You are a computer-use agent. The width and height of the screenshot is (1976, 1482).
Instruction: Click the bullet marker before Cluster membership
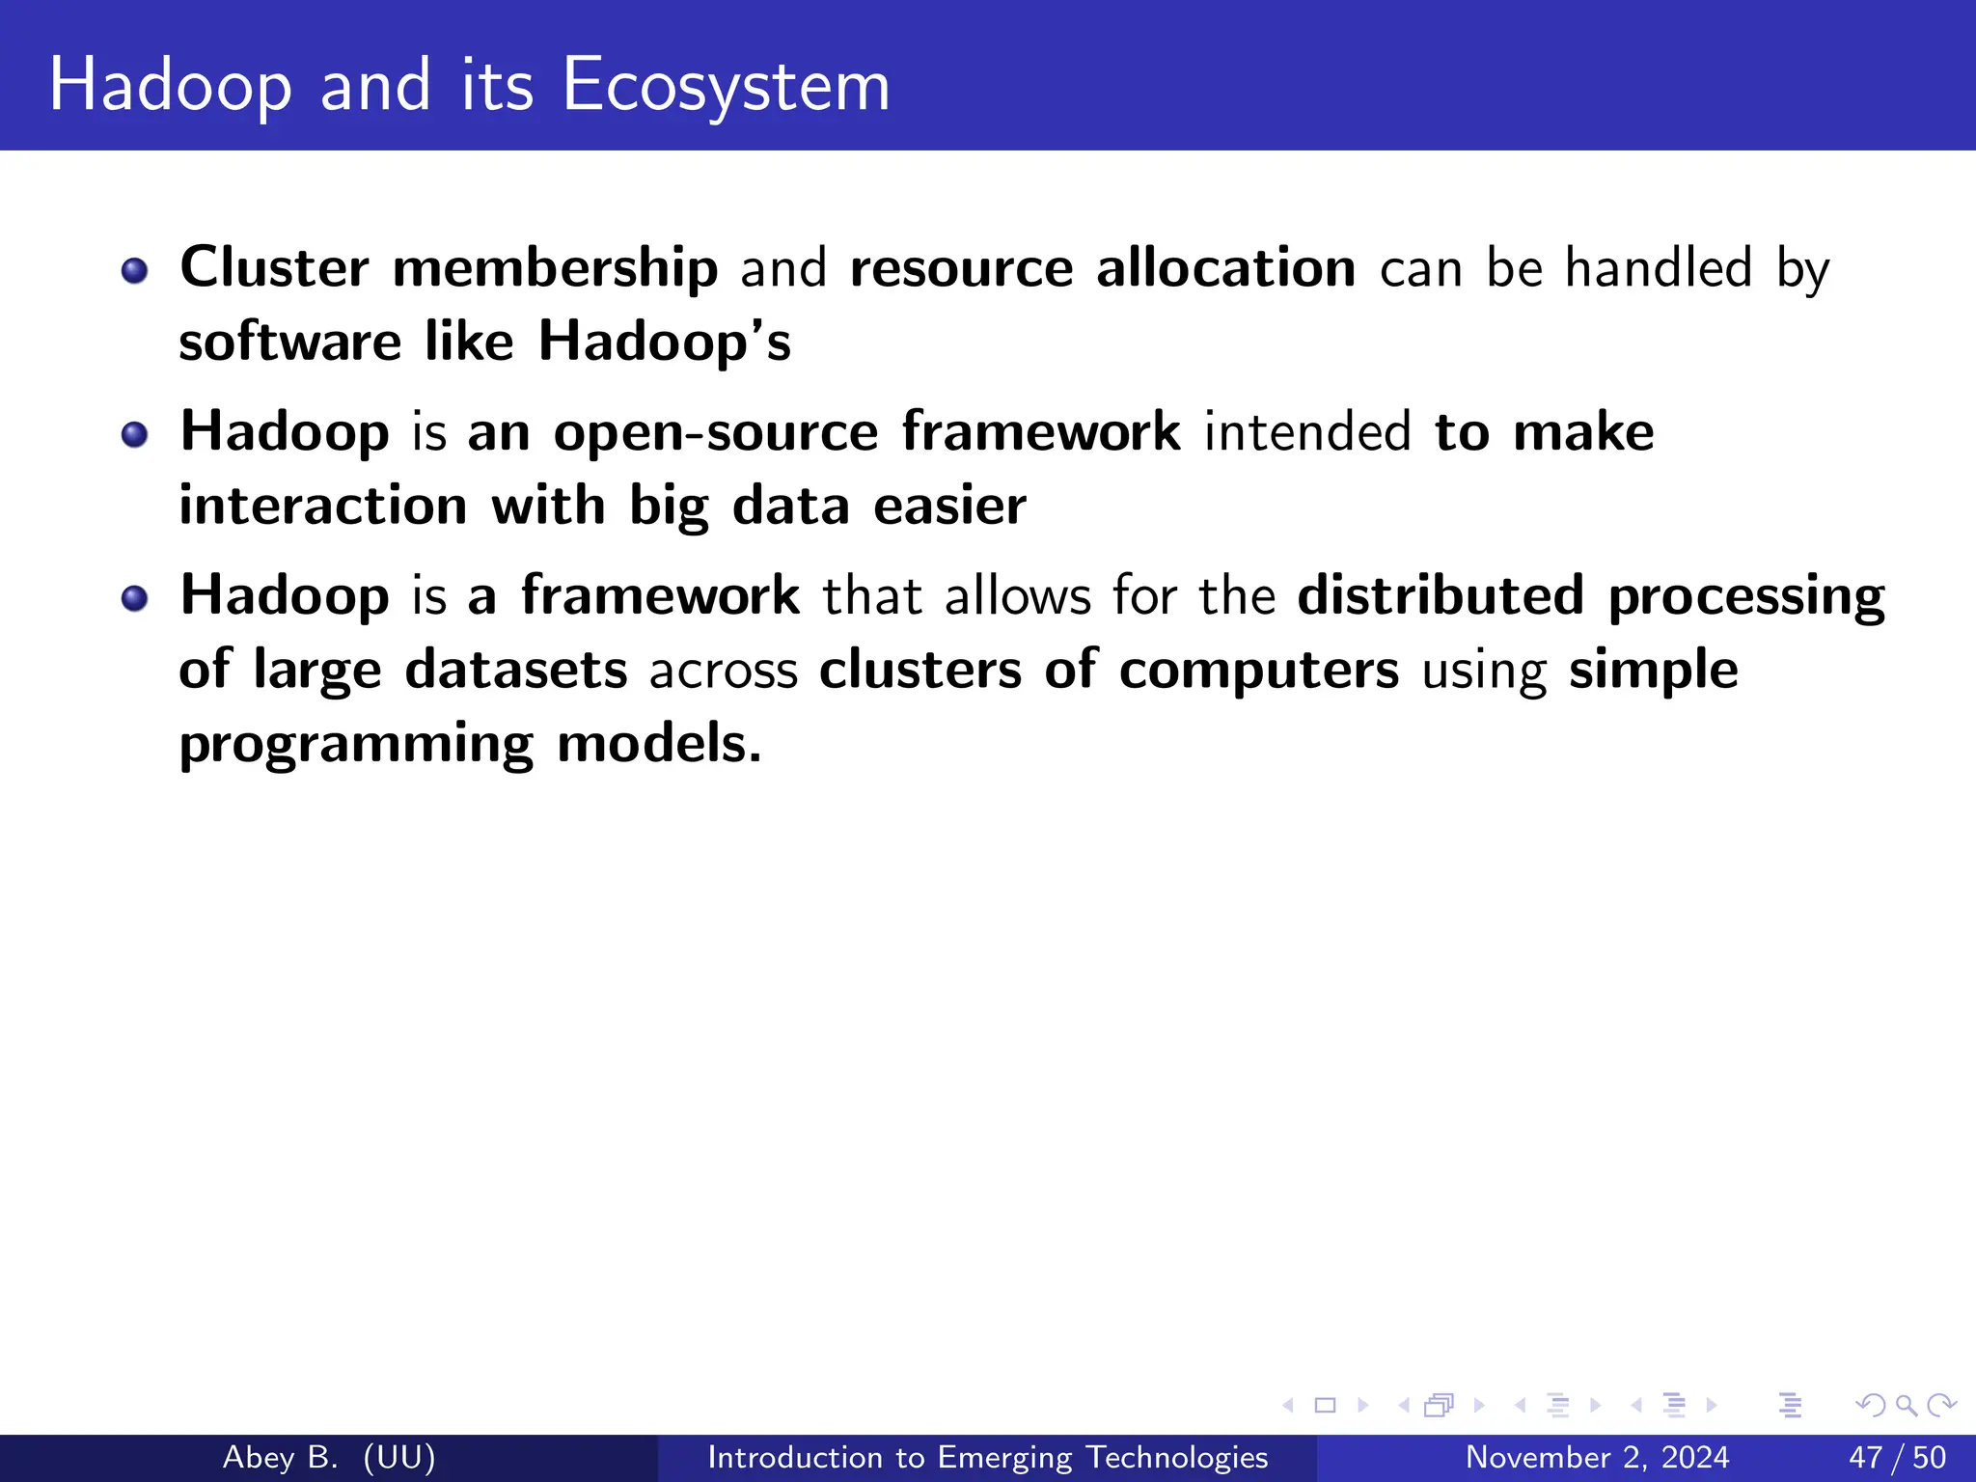coord(135,271)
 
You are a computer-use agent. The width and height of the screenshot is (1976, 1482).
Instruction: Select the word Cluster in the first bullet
coord(274,267)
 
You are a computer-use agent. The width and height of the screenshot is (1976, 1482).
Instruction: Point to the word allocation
coord(1225,267)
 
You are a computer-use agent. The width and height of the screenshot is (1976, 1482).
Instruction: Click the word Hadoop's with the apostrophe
coord(664,342)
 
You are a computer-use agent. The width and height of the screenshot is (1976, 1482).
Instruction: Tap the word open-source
coord(715,432)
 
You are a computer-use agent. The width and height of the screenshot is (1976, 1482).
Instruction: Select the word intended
coord(1307,432)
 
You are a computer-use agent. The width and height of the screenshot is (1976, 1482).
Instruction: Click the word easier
coord(949,507)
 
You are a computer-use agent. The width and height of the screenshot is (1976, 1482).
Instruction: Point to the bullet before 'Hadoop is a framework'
coord(135,599)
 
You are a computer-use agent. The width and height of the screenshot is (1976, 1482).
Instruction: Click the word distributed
coord(1441,595)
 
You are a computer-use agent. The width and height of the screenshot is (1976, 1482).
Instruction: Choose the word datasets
coord(516,670)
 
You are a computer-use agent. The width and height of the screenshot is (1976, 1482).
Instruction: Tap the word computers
coord(1258,670)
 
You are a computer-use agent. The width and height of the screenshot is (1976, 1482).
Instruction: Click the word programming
coord(356,745)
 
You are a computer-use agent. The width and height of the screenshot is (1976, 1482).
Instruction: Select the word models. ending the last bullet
coord(659,744)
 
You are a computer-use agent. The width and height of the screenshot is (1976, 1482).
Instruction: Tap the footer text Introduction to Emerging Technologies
coord(987,1457)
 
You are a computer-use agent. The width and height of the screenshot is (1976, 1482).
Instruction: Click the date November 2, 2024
coord(1597,1457)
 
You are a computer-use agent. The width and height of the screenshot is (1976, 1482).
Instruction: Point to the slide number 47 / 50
coord(1897,1457)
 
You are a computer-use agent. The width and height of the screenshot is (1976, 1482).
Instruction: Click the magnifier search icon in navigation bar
coord(1906,1405)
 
